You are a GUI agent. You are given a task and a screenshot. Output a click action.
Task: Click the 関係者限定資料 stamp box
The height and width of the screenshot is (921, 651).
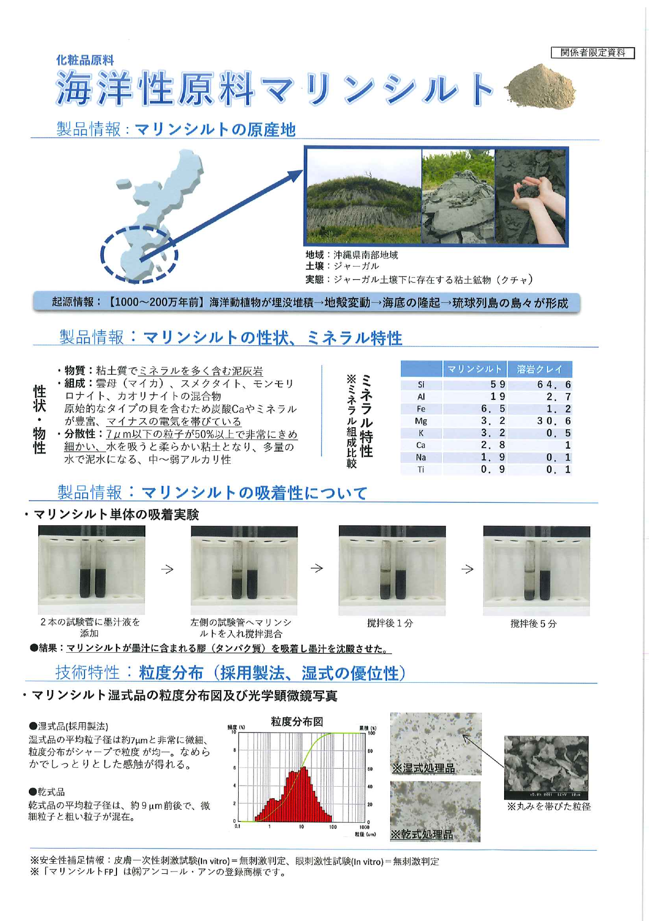click(593, 52)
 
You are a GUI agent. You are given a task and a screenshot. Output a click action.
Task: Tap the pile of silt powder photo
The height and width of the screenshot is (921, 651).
click(541, 87)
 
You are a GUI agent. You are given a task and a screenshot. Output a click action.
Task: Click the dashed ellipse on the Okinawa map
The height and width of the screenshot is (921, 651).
click(139, 255)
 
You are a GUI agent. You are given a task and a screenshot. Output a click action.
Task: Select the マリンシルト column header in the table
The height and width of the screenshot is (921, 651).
click(474, 369)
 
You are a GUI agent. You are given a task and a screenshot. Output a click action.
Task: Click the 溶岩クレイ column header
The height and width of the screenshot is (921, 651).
click(539, 369)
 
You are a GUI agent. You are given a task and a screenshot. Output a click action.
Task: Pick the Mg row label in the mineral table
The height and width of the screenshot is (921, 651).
click(421, 421)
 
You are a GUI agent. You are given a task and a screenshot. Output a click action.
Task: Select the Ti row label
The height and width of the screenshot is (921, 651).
click(421, 470)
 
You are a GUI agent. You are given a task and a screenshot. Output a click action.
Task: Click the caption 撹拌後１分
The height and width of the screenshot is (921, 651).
click(390, 623)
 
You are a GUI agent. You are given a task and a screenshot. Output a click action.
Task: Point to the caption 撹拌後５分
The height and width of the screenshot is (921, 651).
click(533, 623)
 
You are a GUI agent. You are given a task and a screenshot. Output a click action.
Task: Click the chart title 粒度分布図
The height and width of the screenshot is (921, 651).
click(297, 722)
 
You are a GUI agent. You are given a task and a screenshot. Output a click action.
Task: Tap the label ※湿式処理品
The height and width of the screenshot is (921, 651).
click(424, 768)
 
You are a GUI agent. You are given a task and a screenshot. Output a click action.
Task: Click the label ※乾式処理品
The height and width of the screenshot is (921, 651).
click(422, 834)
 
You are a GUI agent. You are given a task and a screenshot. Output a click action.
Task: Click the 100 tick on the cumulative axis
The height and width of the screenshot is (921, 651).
click(371, 733)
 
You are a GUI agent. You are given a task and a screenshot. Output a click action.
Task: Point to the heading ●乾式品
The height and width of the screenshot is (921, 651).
click(47, 792)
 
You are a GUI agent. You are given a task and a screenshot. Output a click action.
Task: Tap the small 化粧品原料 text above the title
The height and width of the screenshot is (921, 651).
click(85, 60)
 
